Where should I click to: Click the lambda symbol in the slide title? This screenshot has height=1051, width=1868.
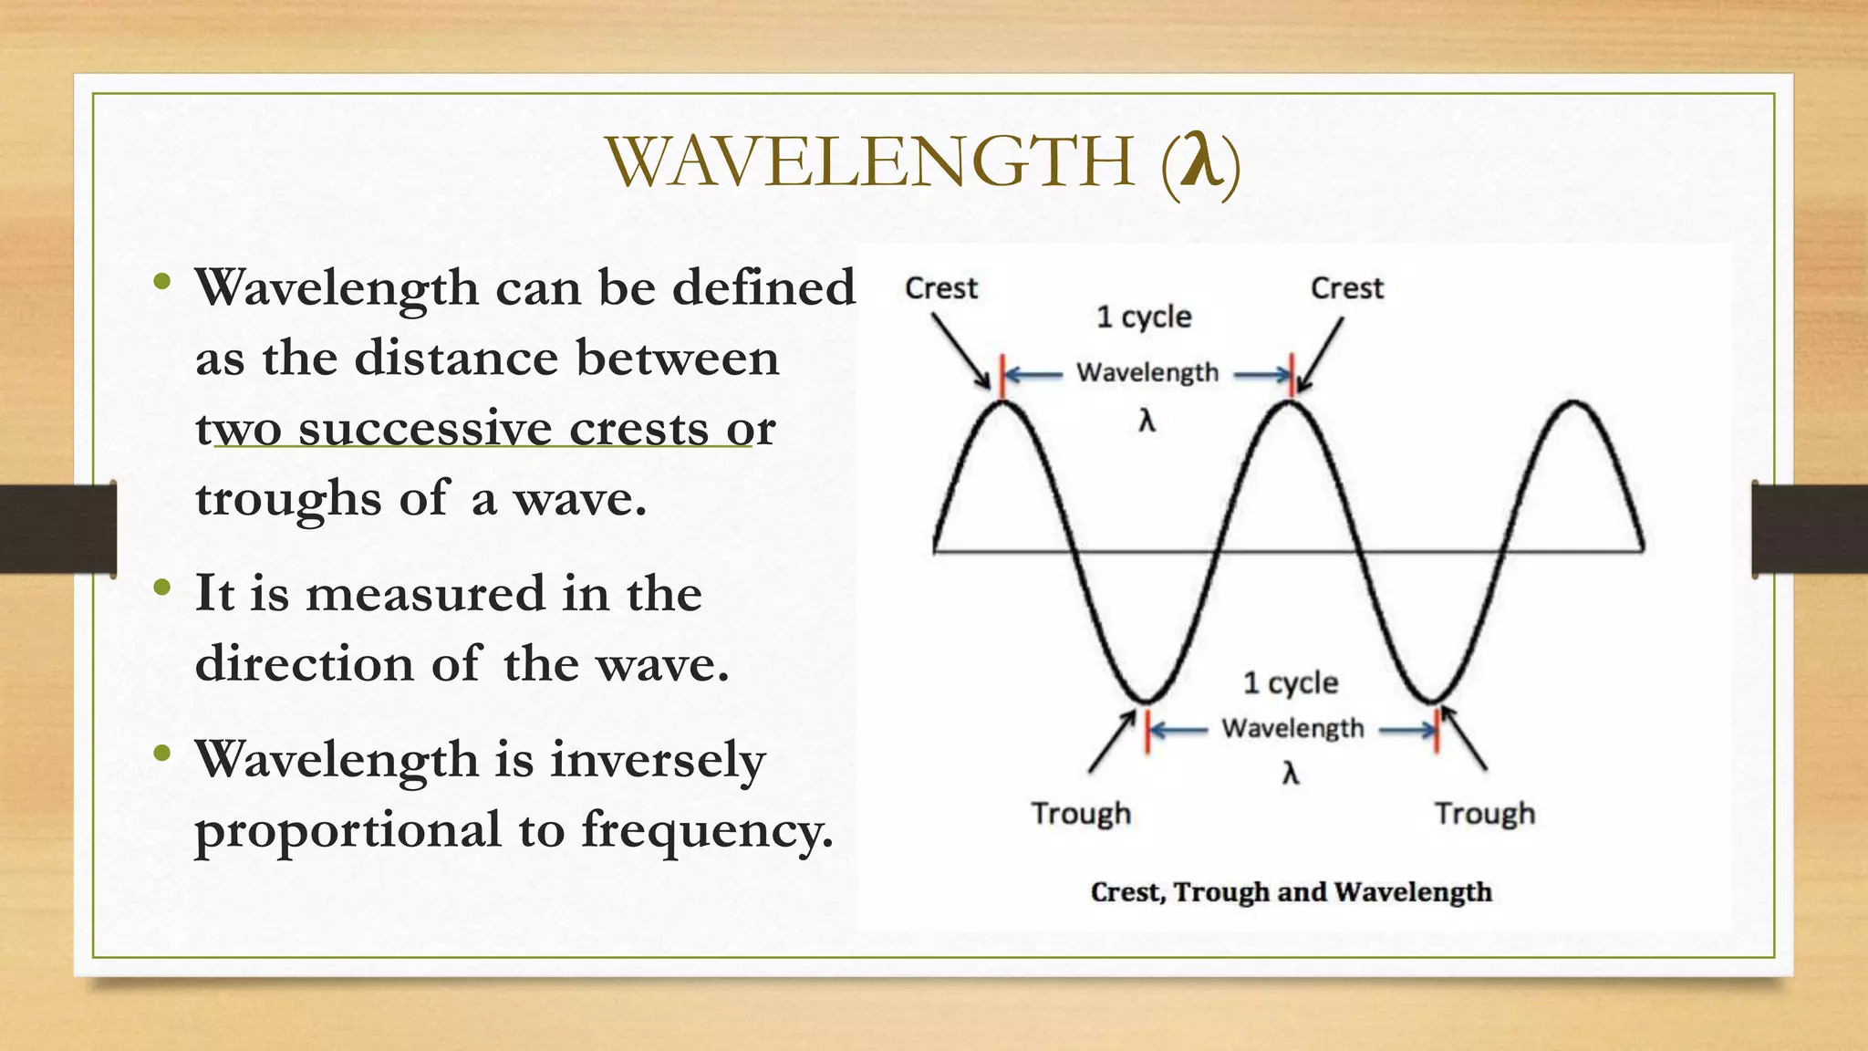(x=1200, y=161)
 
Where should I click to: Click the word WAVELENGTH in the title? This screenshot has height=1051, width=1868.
(x=871, y=162)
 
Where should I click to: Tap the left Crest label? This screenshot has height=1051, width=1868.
(x=940, y=288)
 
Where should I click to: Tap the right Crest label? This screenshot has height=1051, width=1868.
(x=1346, y=288)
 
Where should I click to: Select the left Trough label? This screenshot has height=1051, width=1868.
(x=1081, y=813)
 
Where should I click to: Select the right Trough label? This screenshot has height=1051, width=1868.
(x=1484, y=813)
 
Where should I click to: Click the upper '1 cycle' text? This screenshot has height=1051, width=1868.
(x=1144, y=317)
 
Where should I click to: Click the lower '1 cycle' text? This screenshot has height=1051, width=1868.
(x=1291, y=682)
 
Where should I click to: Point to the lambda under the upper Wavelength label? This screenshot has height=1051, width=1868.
(x=1147, y=421)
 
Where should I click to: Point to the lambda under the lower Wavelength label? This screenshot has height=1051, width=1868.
(x=1290, y=774)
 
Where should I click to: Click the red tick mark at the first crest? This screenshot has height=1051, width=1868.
(x=1002, y=377)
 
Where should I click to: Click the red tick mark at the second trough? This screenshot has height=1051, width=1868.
(x=1437, y=730)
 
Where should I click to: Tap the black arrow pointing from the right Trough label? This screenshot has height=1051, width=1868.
(x=1464, y=738)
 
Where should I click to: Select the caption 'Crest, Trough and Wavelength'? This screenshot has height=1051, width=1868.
(x=1291, y=891)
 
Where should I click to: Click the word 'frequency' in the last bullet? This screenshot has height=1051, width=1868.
(x=706, y=829)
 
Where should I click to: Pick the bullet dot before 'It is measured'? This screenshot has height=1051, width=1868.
(x=162, y=588)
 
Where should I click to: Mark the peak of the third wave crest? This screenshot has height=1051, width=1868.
(x=1574, y=401)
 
